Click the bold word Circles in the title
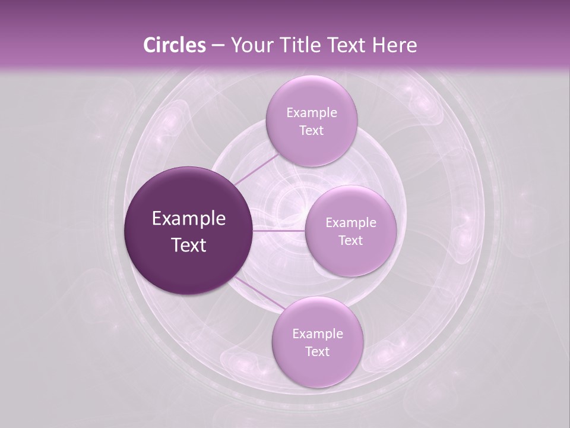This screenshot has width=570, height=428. (174, 45)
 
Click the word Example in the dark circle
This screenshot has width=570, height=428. (189, 219)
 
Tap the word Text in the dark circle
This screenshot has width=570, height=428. (189, 245)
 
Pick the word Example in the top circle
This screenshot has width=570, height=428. (311, 113)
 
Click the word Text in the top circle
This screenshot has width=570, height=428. (311, 131)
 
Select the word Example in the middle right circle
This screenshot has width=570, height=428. (350, 223)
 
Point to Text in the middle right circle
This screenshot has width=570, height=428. (350, 241)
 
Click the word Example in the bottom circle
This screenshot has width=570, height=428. (317, 334)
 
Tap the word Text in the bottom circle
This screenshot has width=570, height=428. (317, 352)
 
